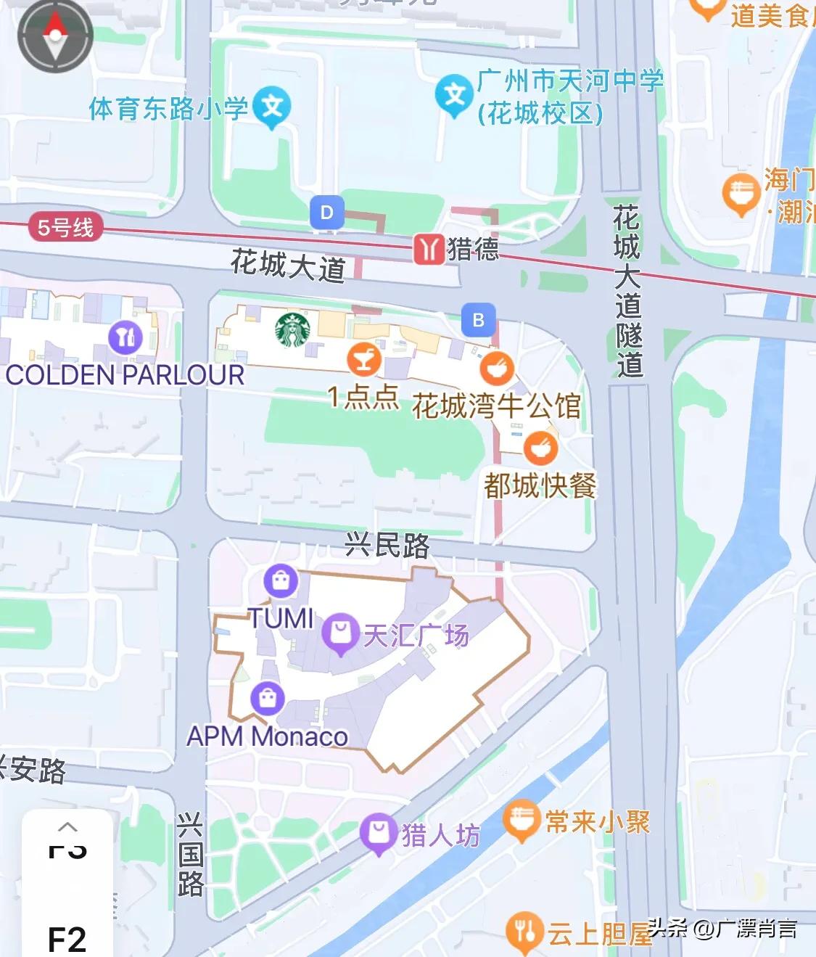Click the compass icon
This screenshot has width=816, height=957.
click(55, 36)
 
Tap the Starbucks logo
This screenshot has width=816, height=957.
click(292, 330)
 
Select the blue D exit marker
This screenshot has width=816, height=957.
click(326, 213)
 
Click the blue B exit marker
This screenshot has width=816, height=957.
click(478, 320)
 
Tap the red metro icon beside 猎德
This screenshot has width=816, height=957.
click(428, 249)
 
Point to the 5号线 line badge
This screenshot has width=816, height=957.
click(65, 228)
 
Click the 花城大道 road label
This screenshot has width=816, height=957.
click(287, 265)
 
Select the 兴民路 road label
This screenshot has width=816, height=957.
click(387, 545)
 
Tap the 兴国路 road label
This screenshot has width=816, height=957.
click(190, 855)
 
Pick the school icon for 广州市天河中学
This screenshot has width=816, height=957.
click(454, 94)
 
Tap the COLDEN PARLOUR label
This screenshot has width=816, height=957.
click(125, 375)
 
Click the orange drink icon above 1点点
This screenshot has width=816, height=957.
click(364, 358)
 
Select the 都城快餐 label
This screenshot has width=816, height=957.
click(540, 485)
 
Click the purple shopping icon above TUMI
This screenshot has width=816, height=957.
click(281, 580)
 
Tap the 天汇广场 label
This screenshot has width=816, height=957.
click(416, 636)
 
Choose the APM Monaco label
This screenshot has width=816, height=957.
click(268, 736)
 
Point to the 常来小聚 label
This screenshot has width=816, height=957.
click(597, 822)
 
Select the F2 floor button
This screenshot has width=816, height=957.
click(67, 939)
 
